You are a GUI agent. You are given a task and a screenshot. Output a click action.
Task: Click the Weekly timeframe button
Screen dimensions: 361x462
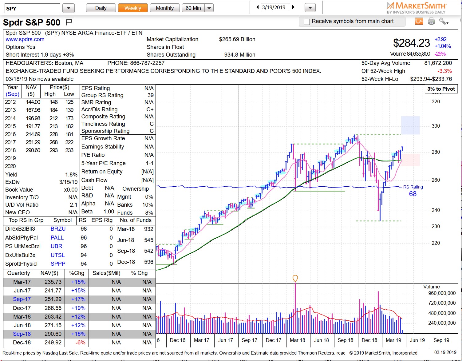(x=132, y=8)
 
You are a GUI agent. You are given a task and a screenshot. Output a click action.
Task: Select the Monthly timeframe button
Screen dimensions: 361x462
(x=164, y=8)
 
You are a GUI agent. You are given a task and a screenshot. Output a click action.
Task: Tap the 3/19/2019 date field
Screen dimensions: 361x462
(x=275, y=7)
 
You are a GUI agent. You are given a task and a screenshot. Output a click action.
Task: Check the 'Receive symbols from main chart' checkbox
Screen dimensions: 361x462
(x=306, y=22)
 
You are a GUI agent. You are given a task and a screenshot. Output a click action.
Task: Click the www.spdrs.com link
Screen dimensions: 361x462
(x=25, y=39)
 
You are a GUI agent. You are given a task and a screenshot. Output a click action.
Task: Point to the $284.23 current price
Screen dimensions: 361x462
(x=411, y=43)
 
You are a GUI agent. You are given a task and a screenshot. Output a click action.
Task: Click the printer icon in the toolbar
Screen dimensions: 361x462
(x=431, y=21)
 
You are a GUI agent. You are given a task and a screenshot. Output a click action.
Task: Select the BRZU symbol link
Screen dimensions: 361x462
(x=58, y=229)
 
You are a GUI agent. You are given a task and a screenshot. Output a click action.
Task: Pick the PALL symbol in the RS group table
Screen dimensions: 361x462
(x=57, y=238)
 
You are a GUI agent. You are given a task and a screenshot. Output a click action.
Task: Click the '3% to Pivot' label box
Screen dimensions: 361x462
(x=441, y=89)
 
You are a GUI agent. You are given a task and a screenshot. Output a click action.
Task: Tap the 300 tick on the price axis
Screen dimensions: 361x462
(x=436, y=126)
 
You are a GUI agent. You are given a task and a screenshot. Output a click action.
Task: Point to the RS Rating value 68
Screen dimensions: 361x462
(x=413, y=194)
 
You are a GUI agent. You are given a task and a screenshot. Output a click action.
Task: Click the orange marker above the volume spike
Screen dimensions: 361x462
(x=295, y=278)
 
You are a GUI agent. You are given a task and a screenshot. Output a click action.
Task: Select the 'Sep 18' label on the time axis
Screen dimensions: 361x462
(x=345, y=340)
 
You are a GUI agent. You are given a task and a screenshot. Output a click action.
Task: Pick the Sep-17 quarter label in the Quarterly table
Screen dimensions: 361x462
(x=22, y=299)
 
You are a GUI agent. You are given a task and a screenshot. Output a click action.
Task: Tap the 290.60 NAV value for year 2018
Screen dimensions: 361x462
(x=33, y=150)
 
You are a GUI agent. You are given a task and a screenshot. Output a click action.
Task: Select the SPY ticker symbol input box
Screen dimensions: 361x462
(x=32, y=8)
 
